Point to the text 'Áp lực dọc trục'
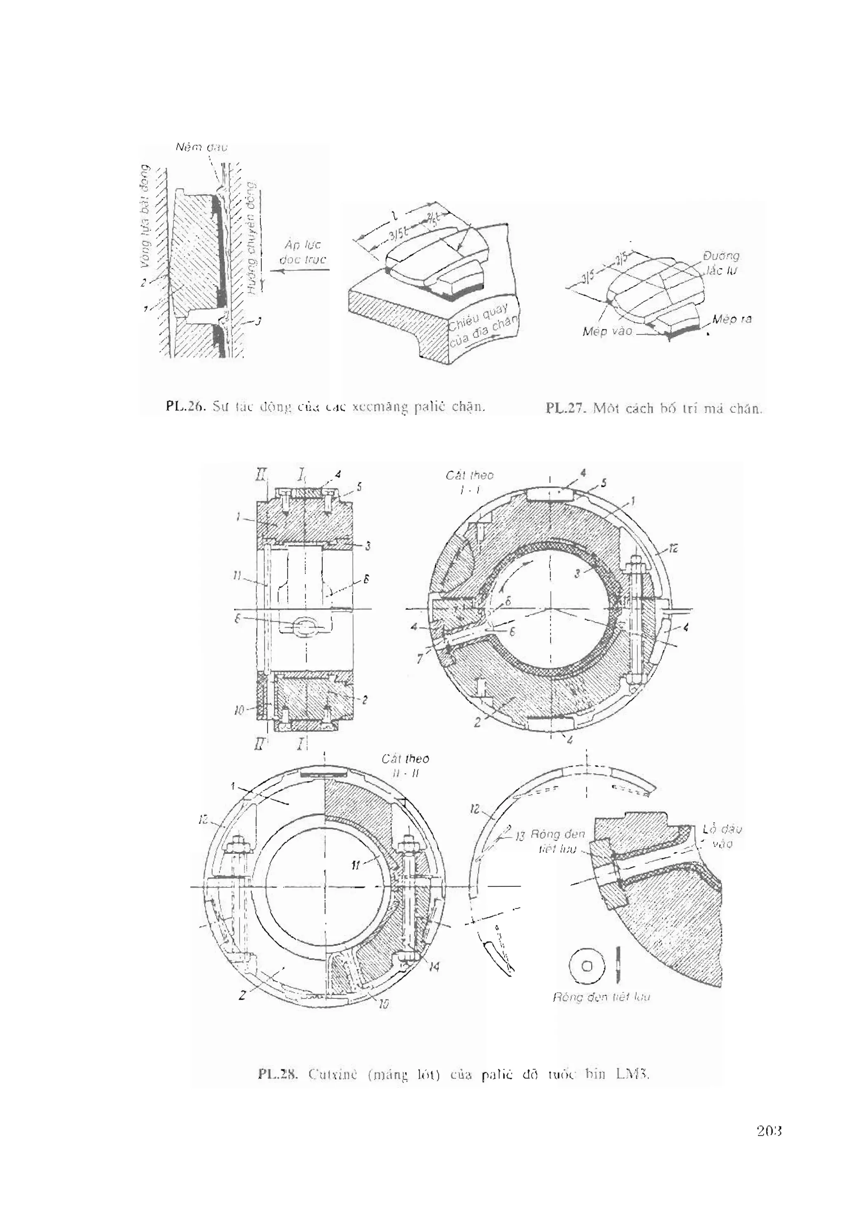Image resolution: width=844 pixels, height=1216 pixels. [x=302, y=252]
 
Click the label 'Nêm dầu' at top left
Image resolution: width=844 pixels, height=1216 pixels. [x=202, y=148]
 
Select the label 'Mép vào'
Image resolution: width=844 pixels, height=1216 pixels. [x=607, y=331]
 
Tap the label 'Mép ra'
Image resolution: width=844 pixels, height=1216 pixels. [x=731, y=319]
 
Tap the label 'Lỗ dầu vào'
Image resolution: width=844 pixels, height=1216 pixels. [x=722, y=836]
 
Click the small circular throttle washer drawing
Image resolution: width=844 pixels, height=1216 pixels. [x=586, y=966]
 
